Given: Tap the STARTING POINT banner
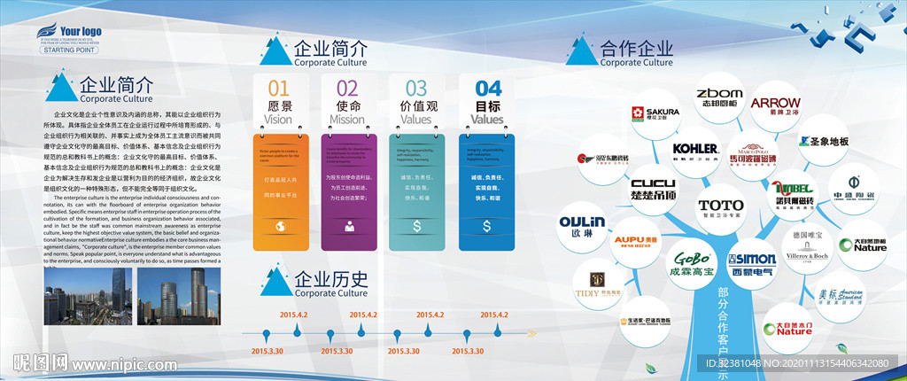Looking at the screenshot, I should coord(70,51).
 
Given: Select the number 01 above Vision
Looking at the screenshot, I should coord(278,88).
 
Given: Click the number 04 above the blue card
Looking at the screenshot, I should coord(488,88).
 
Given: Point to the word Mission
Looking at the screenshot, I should coord(347,120).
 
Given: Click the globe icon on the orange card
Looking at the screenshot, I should coord(279,227).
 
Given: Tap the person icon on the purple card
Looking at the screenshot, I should coord(348,227).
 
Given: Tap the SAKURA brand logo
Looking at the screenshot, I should coord(655,113).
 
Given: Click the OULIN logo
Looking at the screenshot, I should coord(581,225).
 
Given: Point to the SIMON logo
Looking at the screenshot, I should coord(752,262).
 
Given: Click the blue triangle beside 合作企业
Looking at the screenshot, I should coord(580,50).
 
